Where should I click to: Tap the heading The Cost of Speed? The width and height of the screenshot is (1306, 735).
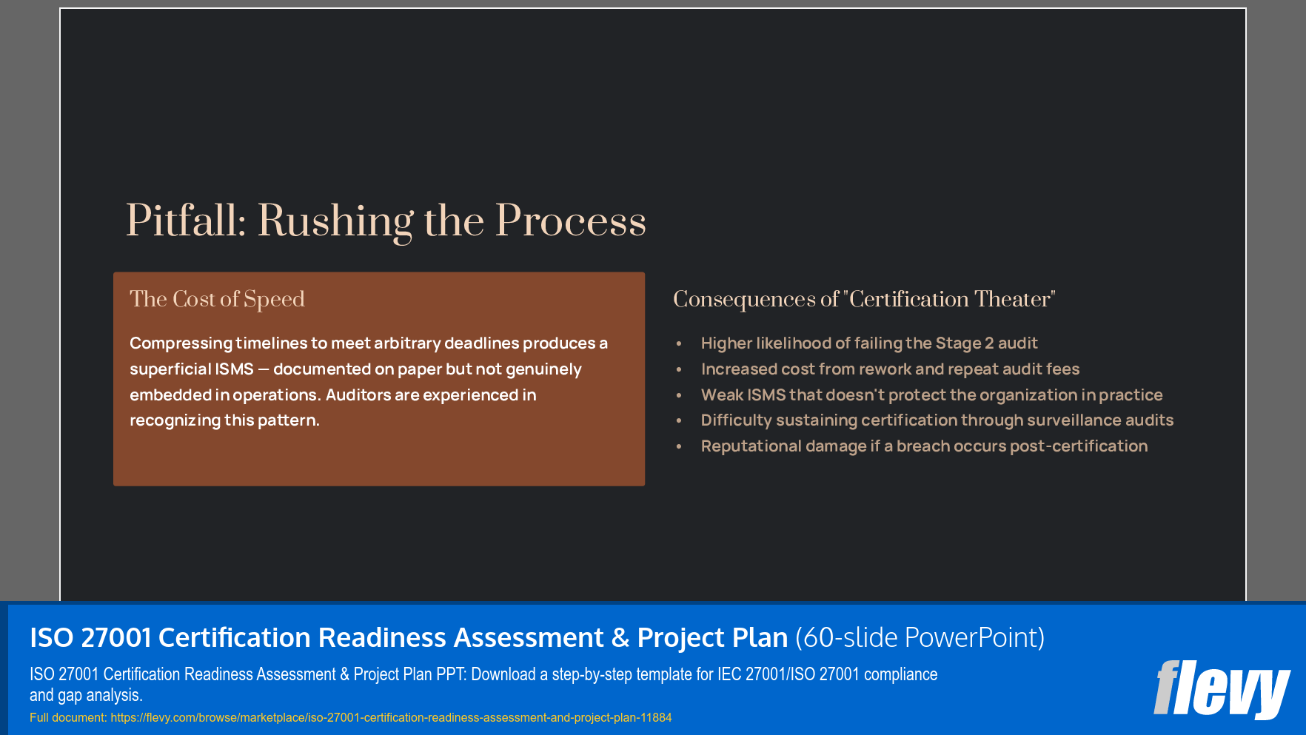[217, 299]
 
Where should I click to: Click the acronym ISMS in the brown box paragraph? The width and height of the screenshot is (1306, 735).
[233, 369]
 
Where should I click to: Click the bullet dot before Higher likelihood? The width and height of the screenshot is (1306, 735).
[679, 343]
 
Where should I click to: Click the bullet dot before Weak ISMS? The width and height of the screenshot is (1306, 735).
[679, 395]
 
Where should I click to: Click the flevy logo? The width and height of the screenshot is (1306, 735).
[1222, 689]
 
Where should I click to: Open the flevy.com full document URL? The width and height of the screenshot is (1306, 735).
[391, 717]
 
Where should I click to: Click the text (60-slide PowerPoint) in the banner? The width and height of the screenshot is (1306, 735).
[920, 637]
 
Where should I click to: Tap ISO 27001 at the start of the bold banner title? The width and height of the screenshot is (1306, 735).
[90, 637]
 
